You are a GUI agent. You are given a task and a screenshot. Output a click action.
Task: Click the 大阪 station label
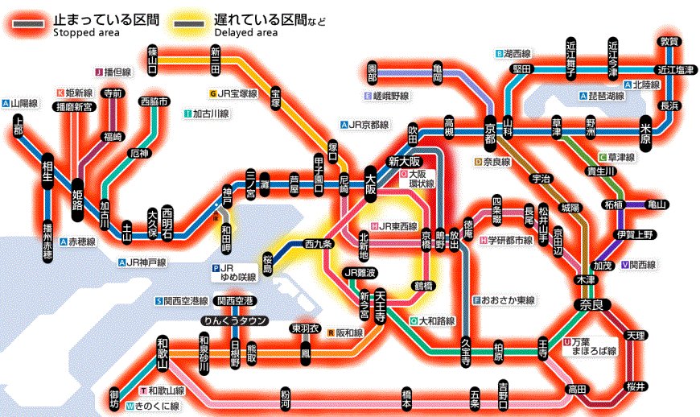pyautogui.click(x=371, y=184)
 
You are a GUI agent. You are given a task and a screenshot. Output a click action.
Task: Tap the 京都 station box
pyautogui.click(x=489, y=133)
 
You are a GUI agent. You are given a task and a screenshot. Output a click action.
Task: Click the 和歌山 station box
pyautogui.click(x=163, y=353)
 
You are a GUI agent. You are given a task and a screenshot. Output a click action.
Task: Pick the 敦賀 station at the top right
pyautogui.click(x=669, y=42)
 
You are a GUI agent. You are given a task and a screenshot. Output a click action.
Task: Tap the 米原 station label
pyautogui.click(x=645, y=133)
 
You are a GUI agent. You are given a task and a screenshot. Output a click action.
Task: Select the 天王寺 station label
pyautogui.click(x=381, y=304)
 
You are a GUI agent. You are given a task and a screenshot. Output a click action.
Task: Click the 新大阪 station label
pyautogui.click(x=405, y=160)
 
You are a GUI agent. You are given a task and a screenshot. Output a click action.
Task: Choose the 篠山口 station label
pyautogui.click(x=152, y=59)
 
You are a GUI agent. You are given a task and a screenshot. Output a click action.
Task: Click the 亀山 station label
pyautogui.click(x=657, y=204)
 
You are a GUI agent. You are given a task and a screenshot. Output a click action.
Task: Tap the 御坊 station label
pyautogui.click(x=114, y=398)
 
